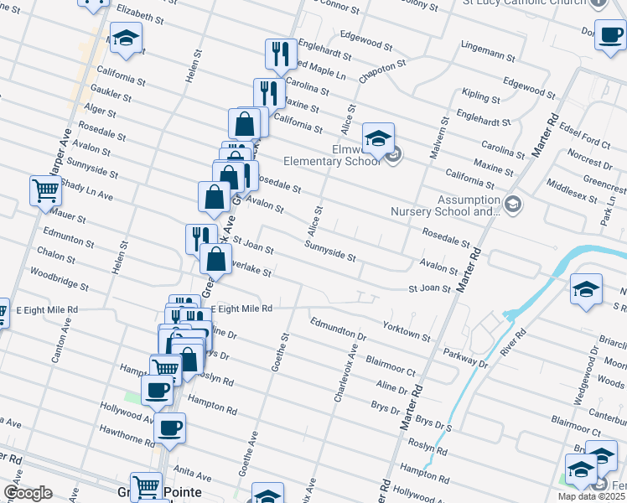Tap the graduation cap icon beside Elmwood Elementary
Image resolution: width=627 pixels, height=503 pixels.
click(x=378, y=137)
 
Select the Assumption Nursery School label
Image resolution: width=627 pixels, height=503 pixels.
click(x=444, y=206)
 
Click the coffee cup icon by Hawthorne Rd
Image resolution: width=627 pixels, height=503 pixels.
click(x=171, y=428)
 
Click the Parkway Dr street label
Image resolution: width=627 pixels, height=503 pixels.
click(x=466, y=358)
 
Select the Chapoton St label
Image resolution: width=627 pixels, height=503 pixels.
click(x=382, y=70)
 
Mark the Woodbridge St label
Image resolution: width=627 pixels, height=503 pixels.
click(x=59, y=279)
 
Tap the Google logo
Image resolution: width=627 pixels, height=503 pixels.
click(x=28, y=492)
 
